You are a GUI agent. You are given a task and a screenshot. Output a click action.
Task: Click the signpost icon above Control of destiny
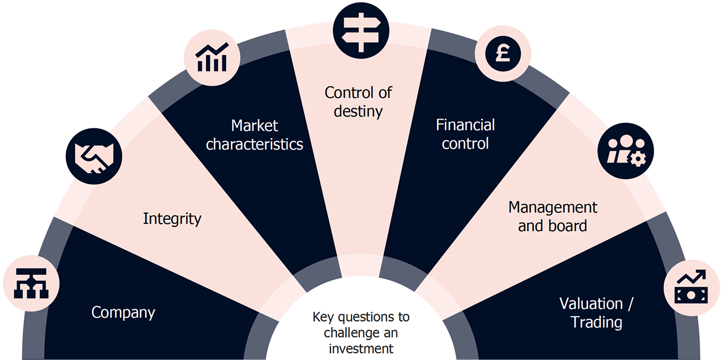point(360,30)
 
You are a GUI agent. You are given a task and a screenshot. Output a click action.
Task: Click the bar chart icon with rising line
point(212,58)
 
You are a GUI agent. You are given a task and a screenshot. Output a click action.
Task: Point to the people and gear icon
point(625,150)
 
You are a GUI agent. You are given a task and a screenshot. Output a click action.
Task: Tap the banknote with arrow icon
point(691,288)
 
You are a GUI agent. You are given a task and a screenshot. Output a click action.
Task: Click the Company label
point(123,313)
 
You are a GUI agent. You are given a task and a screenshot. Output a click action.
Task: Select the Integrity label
point(172,219)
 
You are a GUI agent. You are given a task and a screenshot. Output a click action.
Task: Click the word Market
point(254,125)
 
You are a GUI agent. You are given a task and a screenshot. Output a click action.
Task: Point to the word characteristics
point(254,144)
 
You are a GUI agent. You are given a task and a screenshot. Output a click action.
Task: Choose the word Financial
point(465,125)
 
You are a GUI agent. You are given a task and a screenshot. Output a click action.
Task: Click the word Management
point(552,208)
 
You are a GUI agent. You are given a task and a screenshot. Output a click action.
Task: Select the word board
point(570,226)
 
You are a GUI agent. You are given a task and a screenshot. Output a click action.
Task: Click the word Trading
point(596,322)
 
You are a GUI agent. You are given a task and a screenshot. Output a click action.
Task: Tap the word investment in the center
point(361,349)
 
